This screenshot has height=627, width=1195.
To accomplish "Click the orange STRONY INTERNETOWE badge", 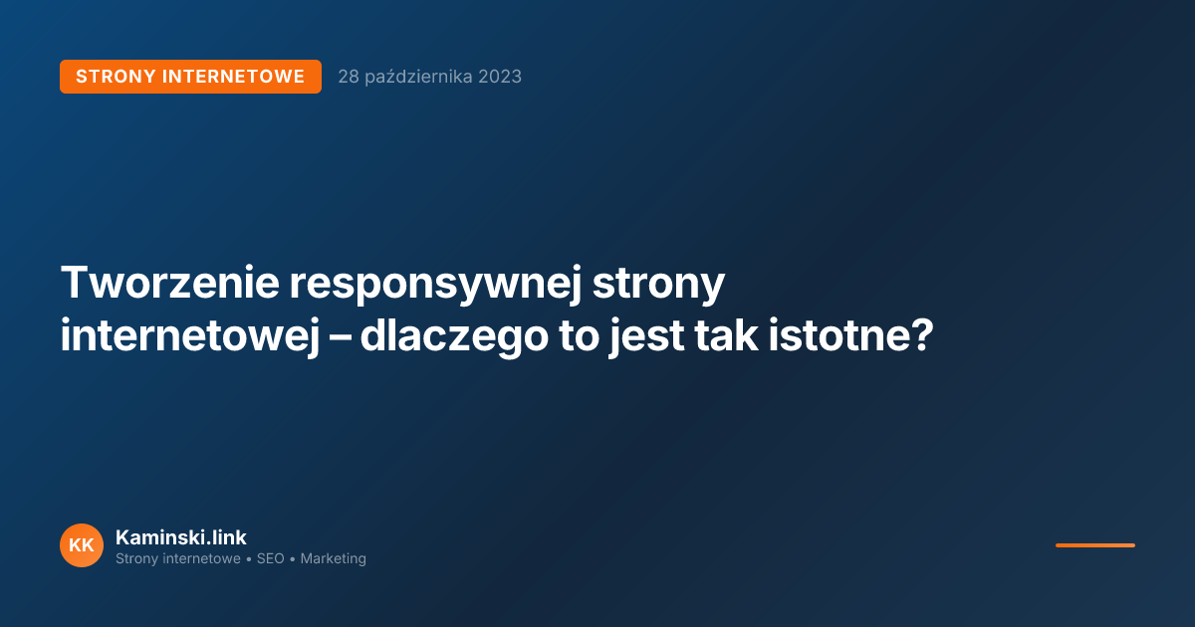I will tap(190, 77).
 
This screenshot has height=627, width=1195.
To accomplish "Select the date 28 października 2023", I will tap(429, 77).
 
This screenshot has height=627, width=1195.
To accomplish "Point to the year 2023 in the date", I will tap(499, 77).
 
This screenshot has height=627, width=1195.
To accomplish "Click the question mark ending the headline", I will tap(921, 336).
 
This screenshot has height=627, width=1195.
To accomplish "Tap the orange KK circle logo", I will tap(82, 545).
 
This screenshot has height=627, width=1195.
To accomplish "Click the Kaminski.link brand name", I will tap(180, 537).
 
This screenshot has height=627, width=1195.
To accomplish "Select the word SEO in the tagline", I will tap(271, 559).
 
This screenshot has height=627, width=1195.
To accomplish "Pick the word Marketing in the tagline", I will tap(333, 559).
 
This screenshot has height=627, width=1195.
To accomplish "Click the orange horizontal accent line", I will tap(1094, 545).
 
